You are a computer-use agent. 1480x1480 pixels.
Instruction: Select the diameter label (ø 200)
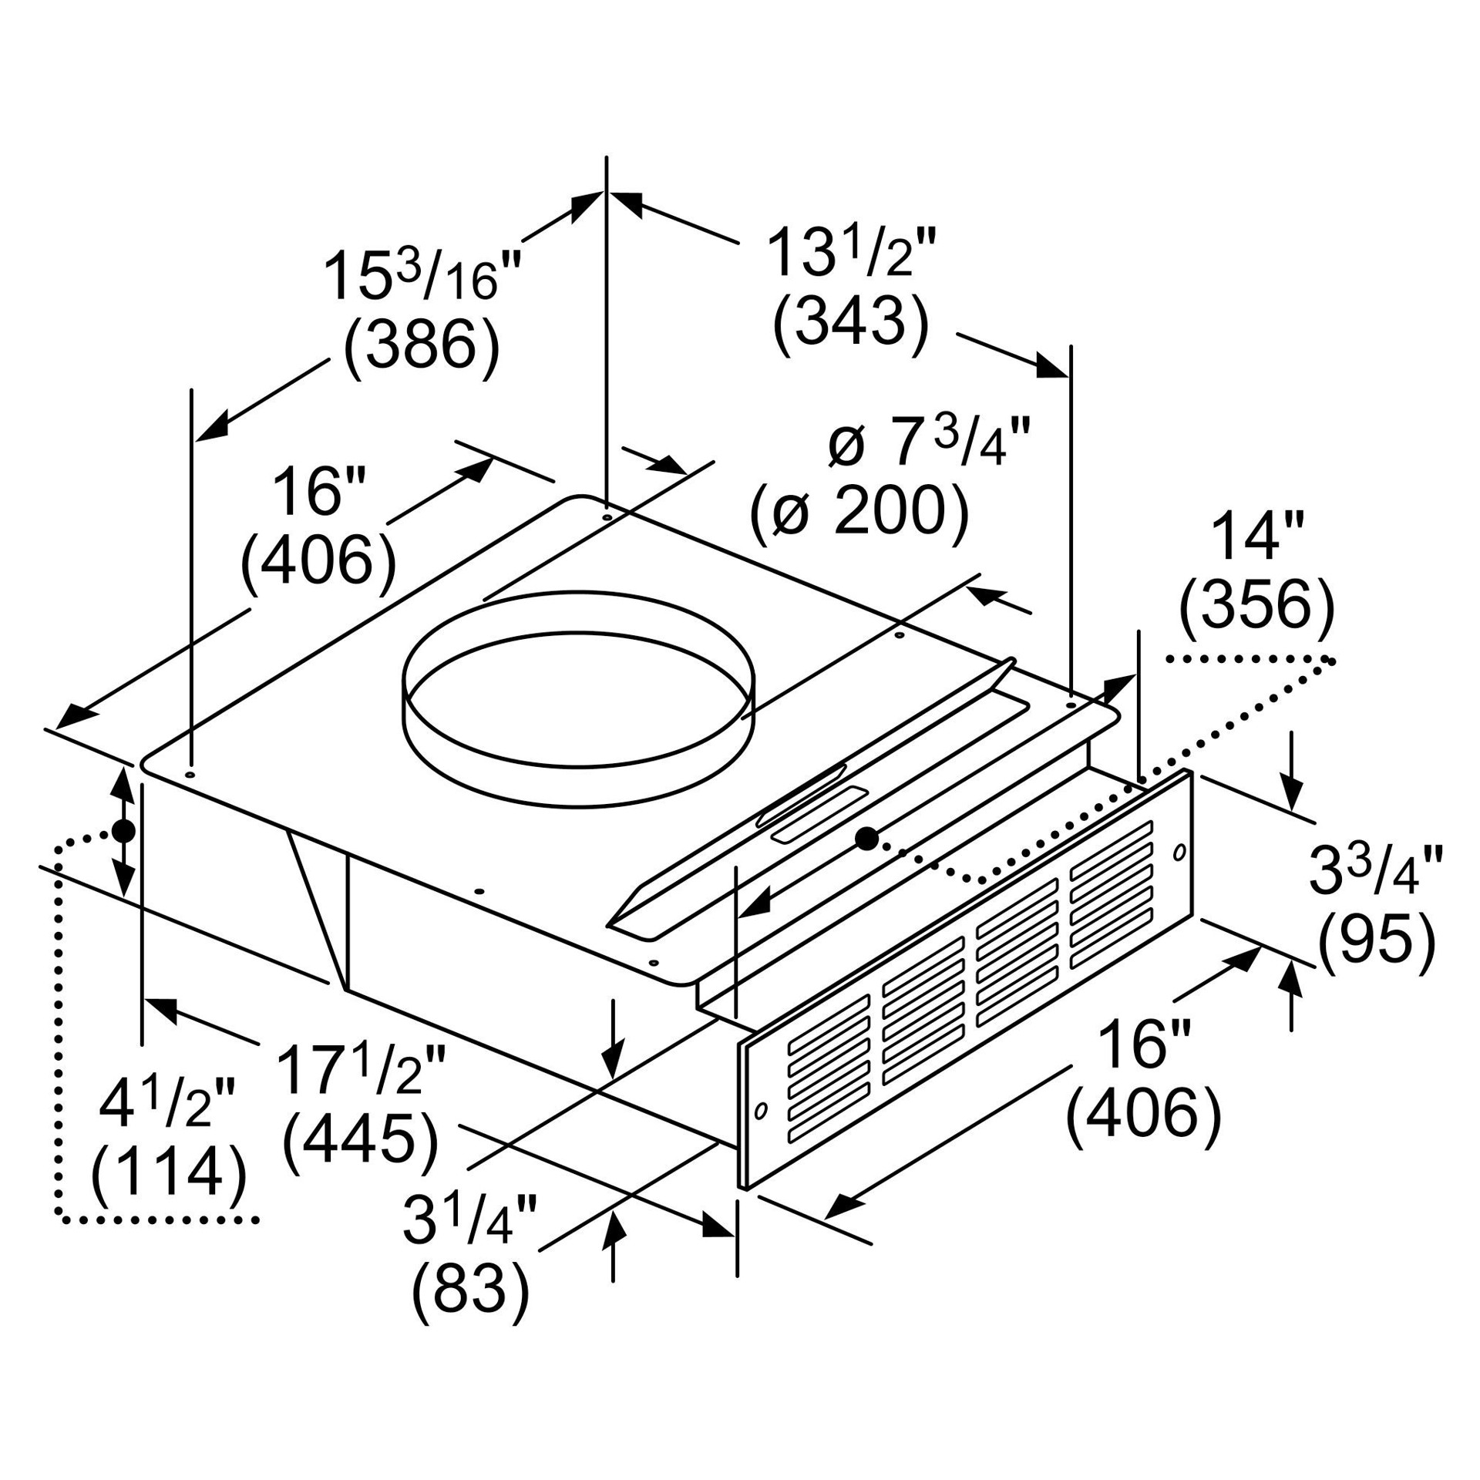click(x=859, y=512)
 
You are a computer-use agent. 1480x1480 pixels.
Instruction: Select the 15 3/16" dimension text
click(x=422, y=275)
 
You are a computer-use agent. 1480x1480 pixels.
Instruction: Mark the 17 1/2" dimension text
click(x=360, y=1070)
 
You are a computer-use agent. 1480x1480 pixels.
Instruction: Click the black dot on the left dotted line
click(x=123, y=832)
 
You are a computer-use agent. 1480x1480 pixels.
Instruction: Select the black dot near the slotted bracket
click(x=867, y=839)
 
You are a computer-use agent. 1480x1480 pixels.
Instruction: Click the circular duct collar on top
click(x=579, y=699)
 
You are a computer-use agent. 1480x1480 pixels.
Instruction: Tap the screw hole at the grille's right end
click(x=1178, y=853)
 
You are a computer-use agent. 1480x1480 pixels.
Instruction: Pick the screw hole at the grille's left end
click(x=761, y=1110)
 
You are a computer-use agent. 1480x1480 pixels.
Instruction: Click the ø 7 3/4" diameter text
click(x=929, y=442)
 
